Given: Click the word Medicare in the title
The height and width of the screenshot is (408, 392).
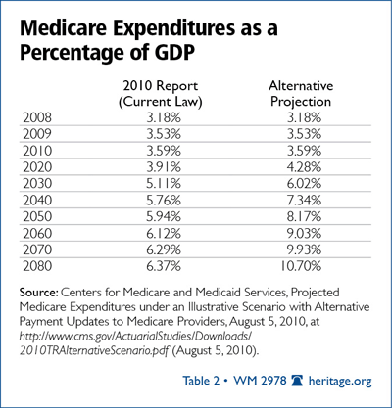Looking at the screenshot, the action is pyautogui.click(x=63, y=27).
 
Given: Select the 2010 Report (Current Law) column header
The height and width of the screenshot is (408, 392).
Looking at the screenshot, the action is pyautogui.click(x=161, y=94).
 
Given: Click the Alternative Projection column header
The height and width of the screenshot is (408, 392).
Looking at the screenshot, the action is pyautogui.click(x=301, y=94).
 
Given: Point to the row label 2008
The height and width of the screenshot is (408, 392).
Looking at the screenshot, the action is pyautogui.click(x=37, y=117).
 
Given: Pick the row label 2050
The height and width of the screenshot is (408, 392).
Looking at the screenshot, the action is pyautogui.click(x=37, y=216).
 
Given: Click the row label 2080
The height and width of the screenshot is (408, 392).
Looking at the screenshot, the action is pyautogui.click(x=37, y=266).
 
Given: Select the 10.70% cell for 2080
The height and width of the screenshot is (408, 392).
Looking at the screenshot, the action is pyautogui.click(x=301, y=266).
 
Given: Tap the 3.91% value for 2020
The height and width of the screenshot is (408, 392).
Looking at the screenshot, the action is pyautogui.click(x=164, y=167).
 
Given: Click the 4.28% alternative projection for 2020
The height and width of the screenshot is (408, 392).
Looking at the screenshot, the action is pyautogui.click(x=304, y=167).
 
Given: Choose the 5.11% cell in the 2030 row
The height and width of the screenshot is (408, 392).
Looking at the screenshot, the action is pyautogui.click(x=164, y=184).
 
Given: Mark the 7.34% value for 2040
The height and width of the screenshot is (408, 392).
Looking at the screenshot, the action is pyautogui.click(x=304, y=200).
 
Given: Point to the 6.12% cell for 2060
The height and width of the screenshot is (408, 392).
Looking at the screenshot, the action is pyautogui.click(x=164, y=233).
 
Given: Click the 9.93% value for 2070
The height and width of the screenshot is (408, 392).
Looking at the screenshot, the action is pyautogui.click(x=304, y=249).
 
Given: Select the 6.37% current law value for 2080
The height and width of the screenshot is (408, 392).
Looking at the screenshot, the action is pyautogui.click(x=164, y=266).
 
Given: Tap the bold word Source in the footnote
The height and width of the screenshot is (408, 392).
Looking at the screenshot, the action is pyautogui.click(x=39, y=292).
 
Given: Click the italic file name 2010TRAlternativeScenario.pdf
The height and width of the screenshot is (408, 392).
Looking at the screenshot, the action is pyautogui.click(x=94, y=350).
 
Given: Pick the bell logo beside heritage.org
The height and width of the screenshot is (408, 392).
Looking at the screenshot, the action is pyautogui.click(x=297, y=381).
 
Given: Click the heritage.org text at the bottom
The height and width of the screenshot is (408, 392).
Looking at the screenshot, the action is pyautogui.click(x=340, y=381).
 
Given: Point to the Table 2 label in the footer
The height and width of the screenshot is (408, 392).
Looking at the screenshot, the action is pyautogui.click(x=201, y=381).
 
